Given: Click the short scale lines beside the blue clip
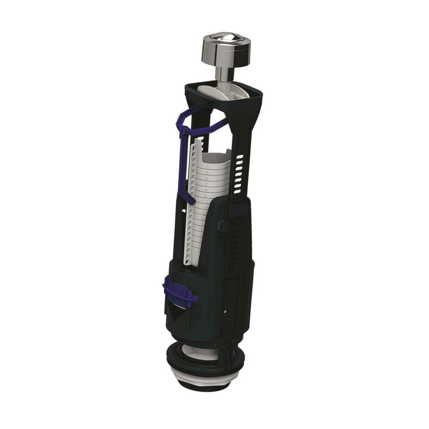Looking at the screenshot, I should pyautogui.click(x=196, y=314).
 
